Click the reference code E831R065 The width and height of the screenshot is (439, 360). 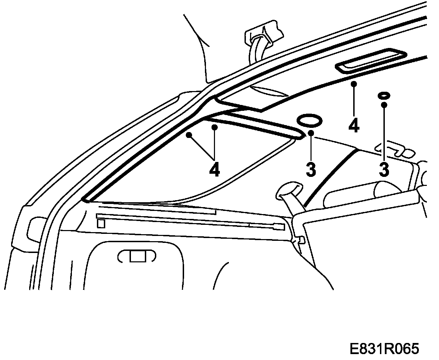coord(384,348)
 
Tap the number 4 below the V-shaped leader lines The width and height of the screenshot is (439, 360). coord(214,169)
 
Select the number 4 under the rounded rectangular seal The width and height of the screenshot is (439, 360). coord(354,125)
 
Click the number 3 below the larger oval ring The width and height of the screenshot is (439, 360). coord(311,169)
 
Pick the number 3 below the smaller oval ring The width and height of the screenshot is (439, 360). coord(383,169)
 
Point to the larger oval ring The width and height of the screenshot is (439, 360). coord(309,121)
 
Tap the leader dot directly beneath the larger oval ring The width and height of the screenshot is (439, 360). coord(310,133)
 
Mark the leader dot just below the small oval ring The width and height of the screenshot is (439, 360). coord(384,105)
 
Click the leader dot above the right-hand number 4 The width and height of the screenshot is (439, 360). coord(354,84)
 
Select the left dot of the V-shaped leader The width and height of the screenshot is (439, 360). coord(189,135)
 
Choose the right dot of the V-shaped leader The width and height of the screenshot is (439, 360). coord(215,128)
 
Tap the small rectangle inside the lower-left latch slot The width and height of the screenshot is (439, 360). coord(137,256)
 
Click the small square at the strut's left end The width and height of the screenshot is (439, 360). coord(101,223)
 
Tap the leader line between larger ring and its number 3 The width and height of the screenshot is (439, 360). coord(311,148)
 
